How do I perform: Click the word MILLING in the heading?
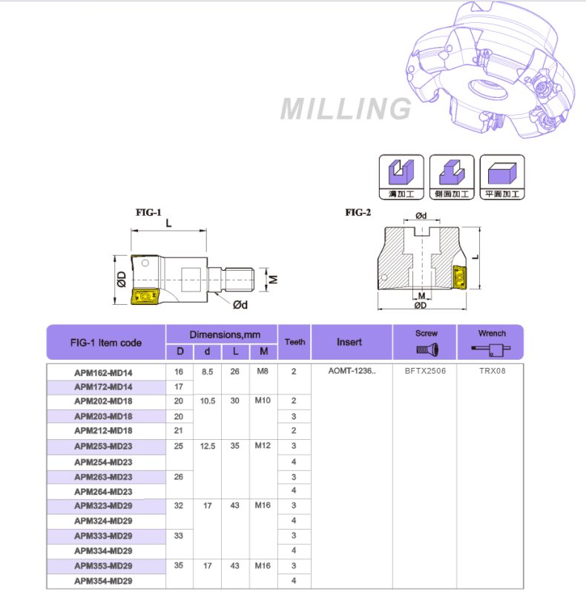coord(346,109)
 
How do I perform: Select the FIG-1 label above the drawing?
coord(148,212)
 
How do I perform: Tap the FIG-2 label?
coord(358,212)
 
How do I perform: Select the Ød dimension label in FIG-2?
coord(421,216)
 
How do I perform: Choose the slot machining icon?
coord(401,176)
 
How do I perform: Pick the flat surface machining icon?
coord(502,176)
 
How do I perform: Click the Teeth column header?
coord(294,342)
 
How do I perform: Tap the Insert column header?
coord(349,342)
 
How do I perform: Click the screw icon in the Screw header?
coord(427,349)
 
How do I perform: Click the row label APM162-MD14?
coord(103,372)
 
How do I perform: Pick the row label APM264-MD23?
coord(103,491)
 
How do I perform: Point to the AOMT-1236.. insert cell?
coord(352,371)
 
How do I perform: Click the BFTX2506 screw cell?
coord(425,371)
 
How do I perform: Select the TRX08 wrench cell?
coord(491,371)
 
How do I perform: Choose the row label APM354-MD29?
coord(103,580)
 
